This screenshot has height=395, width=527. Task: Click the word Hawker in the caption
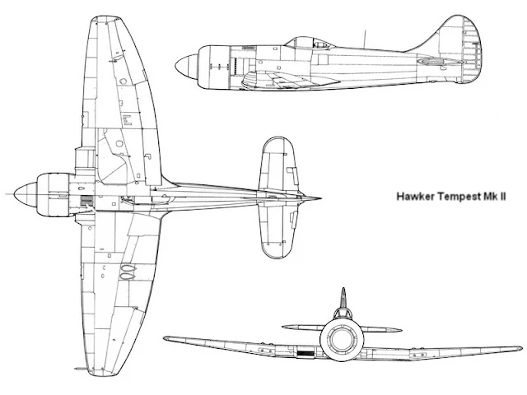(x=417, y=197)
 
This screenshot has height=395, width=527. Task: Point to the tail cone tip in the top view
(x=319, y=197)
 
